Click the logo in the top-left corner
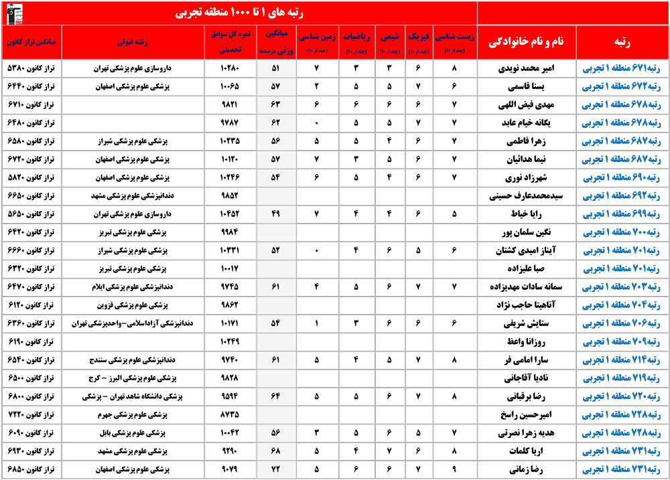(12, 13)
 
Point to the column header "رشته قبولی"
(145, 41)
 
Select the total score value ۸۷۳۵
(230, 414)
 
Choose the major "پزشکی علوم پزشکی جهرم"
(146, 414)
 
